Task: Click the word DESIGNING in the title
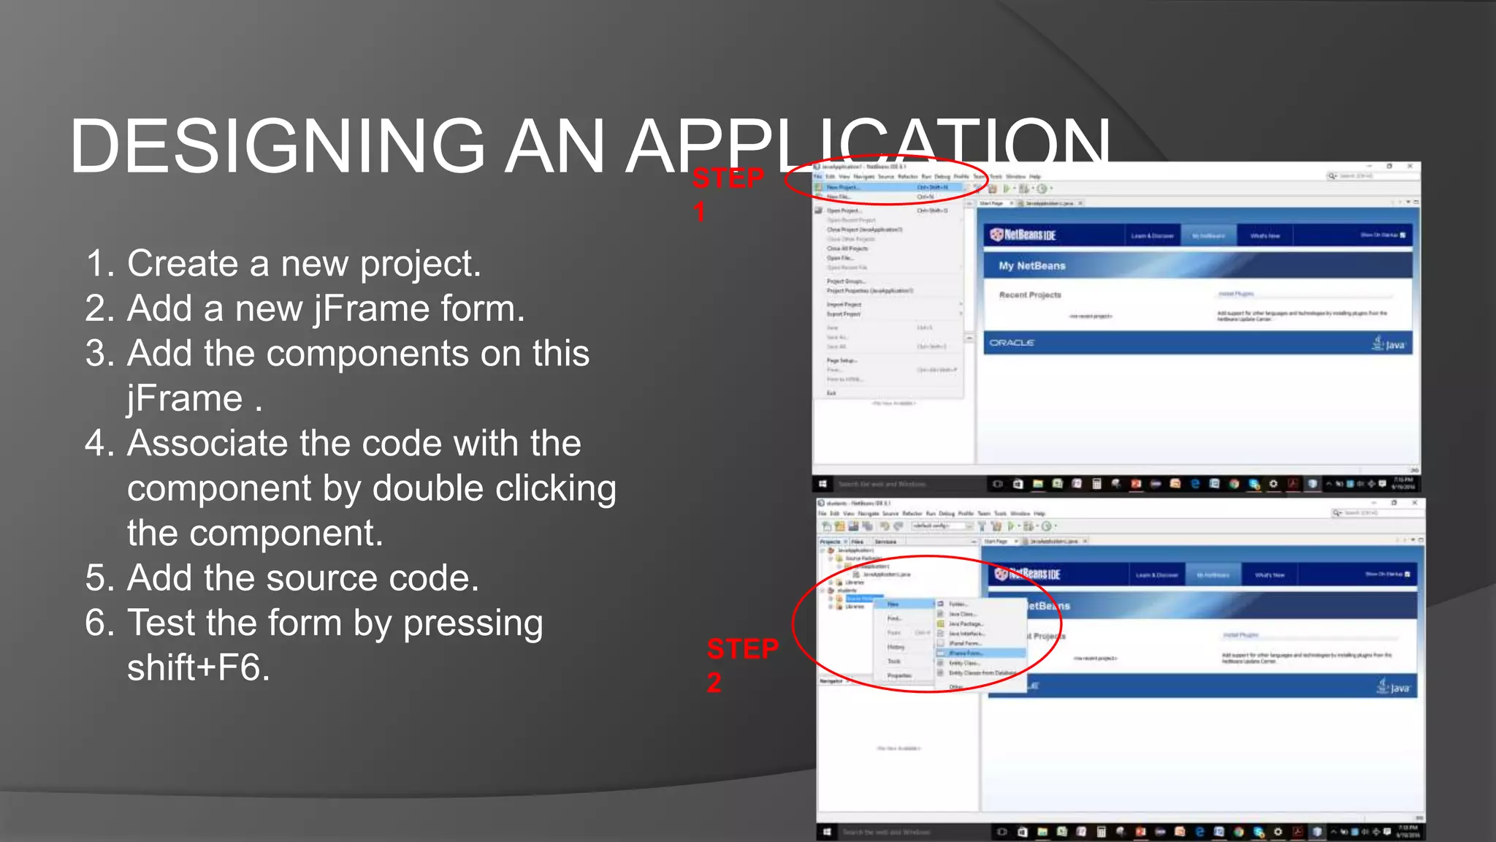[x=277, y=146]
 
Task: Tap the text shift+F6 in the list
[x=199, y=668]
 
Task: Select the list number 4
[x=98, y=444]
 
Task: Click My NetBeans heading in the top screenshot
[x=1032, y=266]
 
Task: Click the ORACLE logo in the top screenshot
[x=1012, y=343]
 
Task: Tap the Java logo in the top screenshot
[x=1389, y=344]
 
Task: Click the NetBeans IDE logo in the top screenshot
[x=1023, y=235]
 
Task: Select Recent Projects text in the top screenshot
[x=1030, y=295]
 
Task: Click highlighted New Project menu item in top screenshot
[x=844, y=188]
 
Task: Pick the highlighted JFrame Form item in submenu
[x=966, y=653]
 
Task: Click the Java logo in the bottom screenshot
[x=1393, y=687]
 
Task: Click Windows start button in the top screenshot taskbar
[x=823, y=484]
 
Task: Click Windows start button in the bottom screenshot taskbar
[x=827, y=832]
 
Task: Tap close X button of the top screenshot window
[x=1410, y=167]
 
